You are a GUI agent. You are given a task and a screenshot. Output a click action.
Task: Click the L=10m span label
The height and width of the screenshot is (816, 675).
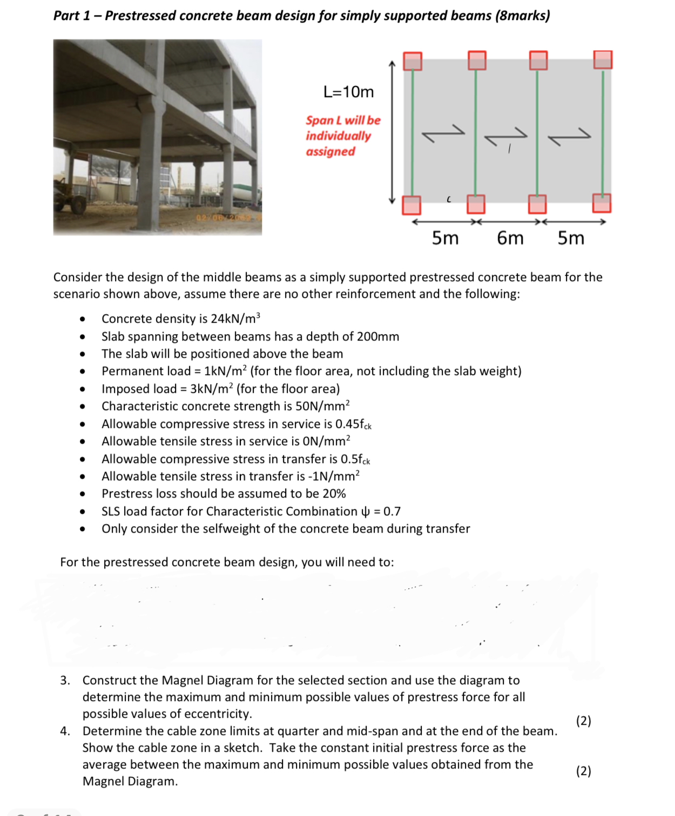coord(348,92)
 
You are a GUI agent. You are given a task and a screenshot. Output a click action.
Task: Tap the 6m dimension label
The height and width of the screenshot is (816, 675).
coord(510,237)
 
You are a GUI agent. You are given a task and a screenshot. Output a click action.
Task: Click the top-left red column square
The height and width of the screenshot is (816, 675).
coord(413,61)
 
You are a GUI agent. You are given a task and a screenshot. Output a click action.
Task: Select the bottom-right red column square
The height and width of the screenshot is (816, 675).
coord(602,203)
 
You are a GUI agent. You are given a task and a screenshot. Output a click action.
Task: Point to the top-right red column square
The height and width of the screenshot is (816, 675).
coord(603,59)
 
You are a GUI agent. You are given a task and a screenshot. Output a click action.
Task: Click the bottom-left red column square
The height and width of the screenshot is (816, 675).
coord(411,205)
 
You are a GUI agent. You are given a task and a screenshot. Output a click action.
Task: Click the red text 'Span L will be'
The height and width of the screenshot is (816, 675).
coord(343,120)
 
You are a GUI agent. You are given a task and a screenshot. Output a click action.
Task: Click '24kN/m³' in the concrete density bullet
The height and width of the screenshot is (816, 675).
coord(235,318)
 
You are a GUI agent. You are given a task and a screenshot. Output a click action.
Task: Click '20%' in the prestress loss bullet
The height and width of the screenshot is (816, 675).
coord(334,494)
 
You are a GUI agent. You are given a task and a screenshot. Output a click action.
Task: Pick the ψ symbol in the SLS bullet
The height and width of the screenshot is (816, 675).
coord(365,512)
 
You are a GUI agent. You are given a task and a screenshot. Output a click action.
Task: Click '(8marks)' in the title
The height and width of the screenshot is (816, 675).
coord(522,15)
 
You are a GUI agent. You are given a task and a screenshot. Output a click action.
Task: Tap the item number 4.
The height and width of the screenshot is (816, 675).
coord(65,731)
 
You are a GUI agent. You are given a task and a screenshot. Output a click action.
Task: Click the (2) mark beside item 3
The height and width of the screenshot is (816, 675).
coord(583,721)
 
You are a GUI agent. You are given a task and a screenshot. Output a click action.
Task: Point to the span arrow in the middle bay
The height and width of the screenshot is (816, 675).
coord(505,136)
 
